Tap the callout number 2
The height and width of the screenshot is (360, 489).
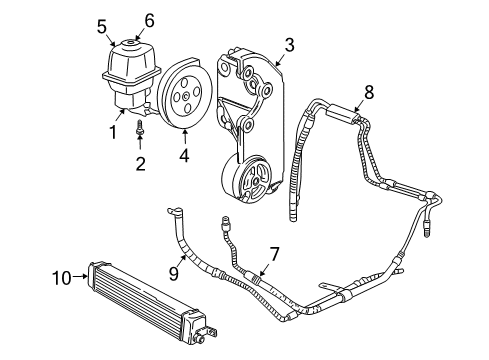141,162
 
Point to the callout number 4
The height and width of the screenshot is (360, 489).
183,155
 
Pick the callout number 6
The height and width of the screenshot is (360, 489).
149,20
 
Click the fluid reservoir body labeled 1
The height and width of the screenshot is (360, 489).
129,80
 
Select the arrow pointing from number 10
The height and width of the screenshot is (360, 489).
81,277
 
